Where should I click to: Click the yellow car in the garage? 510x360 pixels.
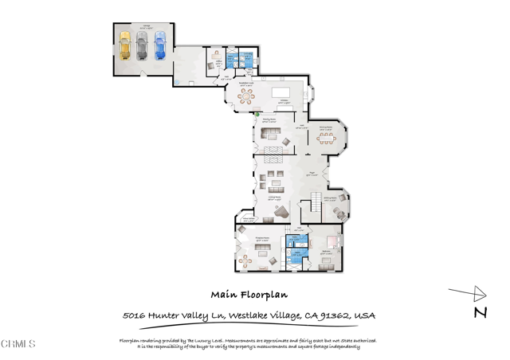pos(124,46)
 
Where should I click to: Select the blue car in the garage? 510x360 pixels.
pos(160,45)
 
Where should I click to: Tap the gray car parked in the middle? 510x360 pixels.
pos(142,46)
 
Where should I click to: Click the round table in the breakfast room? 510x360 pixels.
pos(247,96)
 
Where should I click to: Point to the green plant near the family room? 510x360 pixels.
pos(257,115)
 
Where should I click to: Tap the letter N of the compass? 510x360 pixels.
pos(481,312)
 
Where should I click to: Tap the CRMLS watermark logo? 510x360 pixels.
pos(18,344)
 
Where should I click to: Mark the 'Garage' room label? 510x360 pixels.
pos(147,26)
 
